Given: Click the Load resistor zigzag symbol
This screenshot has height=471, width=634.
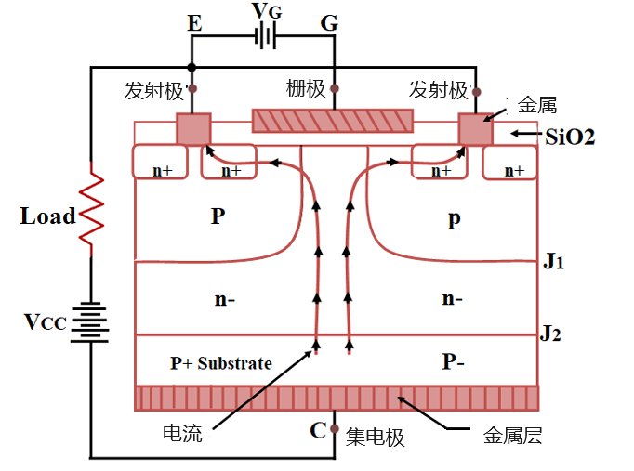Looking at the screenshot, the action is pyautogui.click(x=91, y=209).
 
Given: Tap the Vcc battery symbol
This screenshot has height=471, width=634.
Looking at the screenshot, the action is pyautogui.click(x=90, y=322).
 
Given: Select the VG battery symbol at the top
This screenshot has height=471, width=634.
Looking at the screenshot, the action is pyautogui.click(x=265, y=36).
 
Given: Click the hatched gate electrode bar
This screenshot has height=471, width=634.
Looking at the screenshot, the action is pyautogui.click(x=333, y=121).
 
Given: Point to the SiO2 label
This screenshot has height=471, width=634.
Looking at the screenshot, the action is pyautogui.click(x=570, y=137).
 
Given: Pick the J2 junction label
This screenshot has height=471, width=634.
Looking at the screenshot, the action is pyautogui.click(x=550, y=334).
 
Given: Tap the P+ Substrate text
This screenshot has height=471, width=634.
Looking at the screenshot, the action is pyautogui.click(x=220, y=363).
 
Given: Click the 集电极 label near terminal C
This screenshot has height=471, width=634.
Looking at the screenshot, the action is pyautogui.click(x=375, y=437).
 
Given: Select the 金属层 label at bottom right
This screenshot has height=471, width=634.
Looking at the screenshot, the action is pyautogui.click(x=513, y=436).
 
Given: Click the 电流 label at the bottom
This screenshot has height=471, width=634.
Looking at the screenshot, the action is pyautogui.click(x=182, y=434).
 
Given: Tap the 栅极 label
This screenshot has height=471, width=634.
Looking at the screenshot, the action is pyautogui.click(x=306, y=88).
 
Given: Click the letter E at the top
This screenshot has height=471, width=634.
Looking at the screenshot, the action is pyautogui.click(x=194, y=23).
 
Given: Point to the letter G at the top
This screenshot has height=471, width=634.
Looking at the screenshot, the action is pyautogui.click(x=329, y=23).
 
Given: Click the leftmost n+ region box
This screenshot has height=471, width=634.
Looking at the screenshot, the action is pyautogui.click(x=160, y=161).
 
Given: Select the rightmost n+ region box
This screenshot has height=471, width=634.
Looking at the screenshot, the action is pyautogui.click(x=509, y=163).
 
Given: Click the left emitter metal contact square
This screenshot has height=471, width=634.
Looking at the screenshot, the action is pyautogui.click(x=193, y=128).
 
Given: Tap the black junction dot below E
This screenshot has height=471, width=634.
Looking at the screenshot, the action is pyautogui.click(x=192, y=67).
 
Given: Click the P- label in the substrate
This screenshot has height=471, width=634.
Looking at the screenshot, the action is pyautogui.click(x=453, y=361).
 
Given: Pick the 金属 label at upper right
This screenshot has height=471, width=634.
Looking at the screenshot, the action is pyautogui.click(x=537, y=105).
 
